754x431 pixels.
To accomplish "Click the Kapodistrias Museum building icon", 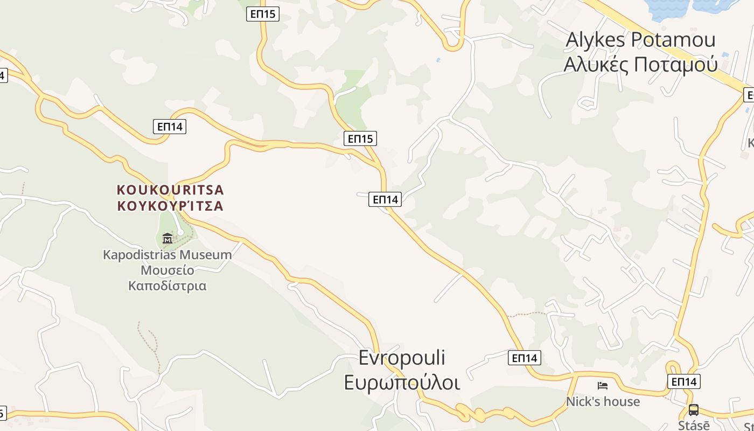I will tap(167, 238).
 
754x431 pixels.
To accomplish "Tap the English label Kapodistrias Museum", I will tap(167, 254).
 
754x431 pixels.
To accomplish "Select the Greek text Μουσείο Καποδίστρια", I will tap(167, 277).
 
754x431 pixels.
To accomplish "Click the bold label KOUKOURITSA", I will tap(170, 190).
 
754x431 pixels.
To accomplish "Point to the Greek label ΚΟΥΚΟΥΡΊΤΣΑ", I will tap(170, 206).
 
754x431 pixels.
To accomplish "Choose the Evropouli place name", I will tap(402, 358).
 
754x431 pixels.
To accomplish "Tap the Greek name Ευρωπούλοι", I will tap(402, 383).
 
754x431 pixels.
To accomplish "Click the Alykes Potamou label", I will tap(640, 40).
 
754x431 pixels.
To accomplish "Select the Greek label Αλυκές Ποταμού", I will tap(640, 64).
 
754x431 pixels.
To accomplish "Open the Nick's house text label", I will tap(603, 401).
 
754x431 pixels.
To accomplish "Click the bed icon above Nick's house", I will tap(603, 385).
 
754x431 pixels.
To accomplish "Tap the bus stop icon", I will tap(693, 409).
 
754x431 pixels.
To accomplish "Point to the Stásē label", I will tap(690, 425).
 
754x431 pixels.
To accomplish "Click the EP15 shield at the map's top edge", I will tap(263, 14).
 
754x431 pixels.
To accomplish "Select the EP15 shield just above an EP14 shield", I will tap(360, 138).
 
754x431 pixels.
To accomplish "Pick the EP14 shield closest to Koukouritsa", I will tap(170, 127).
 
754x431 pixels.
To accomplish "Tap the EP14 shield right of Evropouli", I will tap(525, 358).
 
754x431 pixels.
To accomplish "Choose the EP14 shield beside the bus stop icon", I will tap(684, 381).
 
